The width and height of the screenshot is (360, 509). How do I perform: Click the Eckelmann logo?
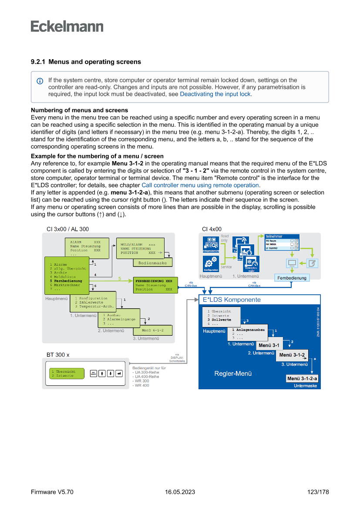pyautogui.click(x=67, y=27)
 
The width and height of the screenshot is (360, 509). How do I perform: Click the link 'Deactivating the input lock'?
pyautogui.click(x=215, y=94)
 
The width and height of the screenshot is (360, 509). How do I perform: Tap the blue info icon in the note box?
pyautogui.click(x=40, y=81)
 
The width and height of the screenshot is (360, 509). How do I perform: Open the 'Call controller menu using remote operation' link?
pyautogui.click(x=201, y=185)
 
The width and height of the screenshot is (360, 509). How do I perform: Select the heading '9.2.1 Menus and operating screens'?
pyautogui.click(x=86, y=62)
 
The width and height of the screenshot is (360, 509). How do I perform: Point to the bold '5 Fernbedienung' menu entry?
pyautogui.click(x=66, y=281)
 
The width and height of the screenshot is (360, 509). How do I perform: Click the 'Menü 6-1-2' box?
pyautogui.click(x=152, y=330)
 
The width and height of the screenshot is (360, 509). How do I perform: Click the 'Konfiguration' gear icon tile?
pyautogui.click(x=211, y=264)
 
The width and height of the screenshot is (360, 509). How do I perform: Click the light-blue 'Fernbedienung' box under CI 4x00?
pyautogui.click(x=292, y=278)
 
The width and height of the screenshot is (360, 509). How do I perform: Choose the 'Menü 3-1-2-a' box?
pyautogui.click(x=302, y=378)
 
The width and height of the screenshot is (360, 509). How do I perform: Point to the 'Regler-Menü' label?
pyautogui.click(x=233, y=373)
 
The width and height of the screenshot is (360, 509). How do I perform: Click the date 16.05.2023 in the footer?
pyautogui.click(x=180, y=492)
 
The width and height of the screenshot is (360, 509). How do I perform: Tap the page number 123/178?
pyautogui.click(x=318, y=492)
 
